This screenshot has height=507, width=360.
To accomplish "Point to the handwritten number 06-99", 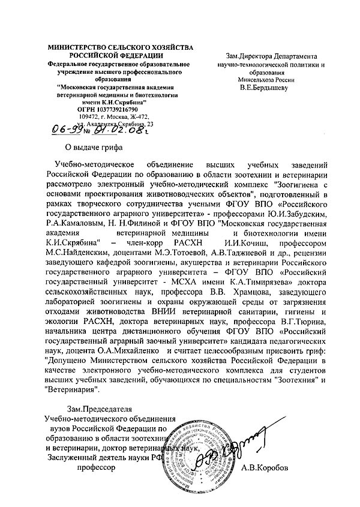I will tap(67, 129).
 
